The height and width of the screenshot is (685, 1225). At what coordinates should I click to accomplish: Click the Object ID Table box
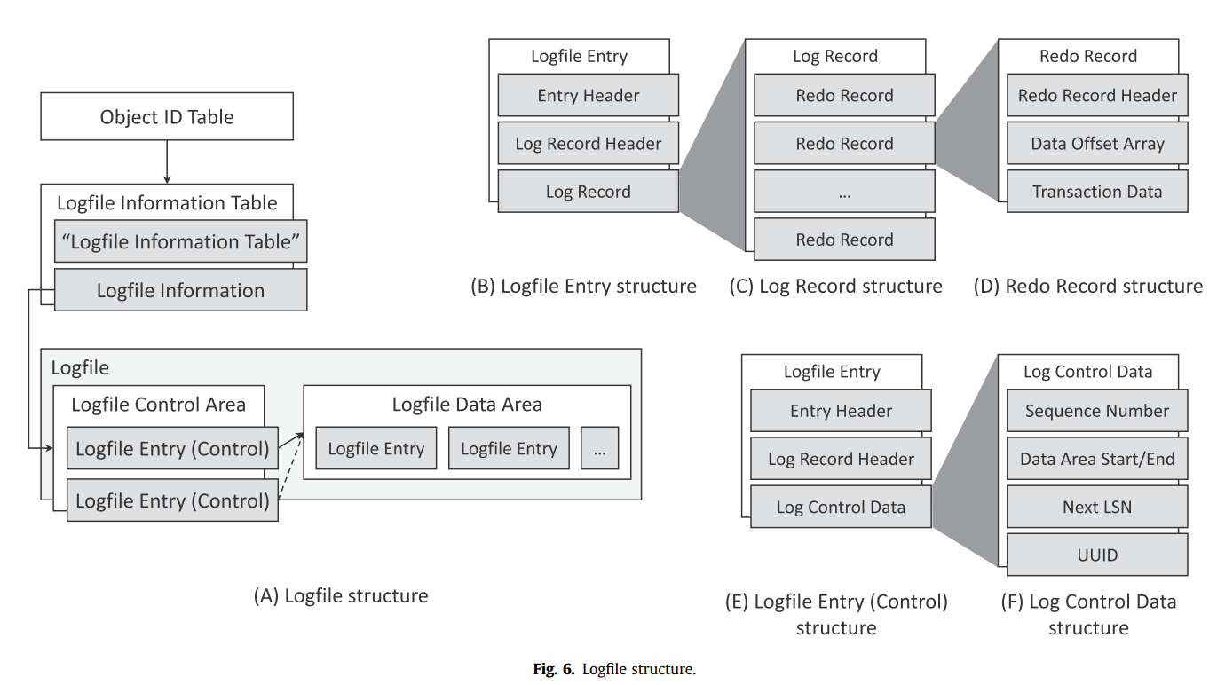click(167, 117)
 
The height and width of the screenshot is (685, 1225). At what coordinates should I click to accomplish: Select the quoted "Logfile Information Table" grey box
click(180, 242)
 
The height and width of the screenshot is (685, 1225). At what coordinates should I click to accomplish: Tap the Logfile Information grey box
click(180, 290)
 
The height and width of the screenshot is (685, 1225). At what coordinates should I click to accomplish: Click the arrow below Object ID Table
click(167, 162)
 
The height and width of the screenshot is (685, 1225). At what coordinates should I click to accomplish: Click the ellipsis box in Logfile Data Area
click(600, 449)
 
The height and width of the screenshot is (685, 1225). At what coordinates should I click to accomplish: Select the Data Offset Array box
click(1097, 144)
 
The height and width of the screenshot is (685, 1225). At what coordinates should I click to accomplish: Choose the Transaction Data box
click(1097, 192)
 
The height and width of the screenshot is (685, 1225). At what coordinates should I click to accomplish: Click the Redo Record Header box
click(1097, 96)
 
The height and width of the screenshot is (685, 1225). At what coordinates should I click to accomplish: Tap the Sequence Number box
click(1097, 412)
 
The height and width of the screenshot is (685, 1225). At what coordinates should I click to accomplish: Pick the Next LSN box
click(1097, 508)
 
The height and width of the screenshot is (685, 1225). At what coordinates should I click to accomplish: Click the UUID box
click(1097, 555)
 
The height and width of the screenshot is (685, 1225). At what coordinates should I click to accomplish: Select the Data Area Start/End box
click(1097, 460)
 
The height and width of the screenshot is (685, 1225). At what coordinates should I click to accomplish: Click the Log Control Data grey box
click(841, 508)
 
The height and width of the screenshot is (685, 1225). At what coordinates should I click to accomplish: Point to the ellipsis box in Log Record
click(844, 192)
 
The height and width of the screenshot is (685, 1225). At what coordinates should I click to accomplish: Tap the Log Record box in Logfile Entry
click(589, 192)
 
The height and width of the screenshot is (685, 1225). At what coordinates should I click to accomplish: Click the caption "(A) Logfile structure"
click(341, 596)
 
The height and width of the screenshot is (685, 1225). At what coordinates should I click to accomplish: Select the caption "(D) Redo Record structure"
click(1088, 287)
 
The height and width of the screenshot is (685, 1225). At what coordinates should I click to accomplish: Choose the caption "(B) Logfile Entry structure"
click(583, 287)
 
